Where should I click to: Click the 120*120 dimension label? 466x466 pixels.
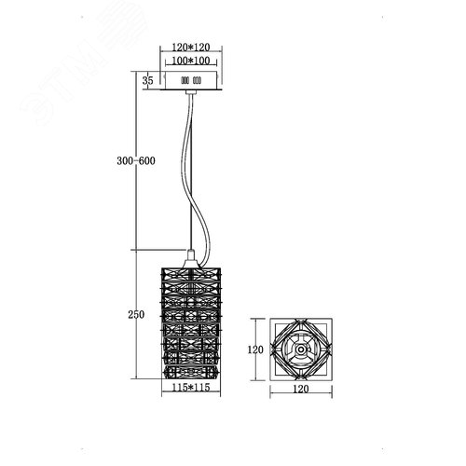click(x=191, y=48)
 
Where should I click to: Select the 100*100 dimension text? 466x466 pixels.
click(x=191, y=61)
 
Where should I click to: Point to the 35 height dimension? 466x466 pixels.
click(x=148, y=80)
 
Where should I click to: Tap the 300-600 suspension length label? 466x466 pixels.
click(x=136, y=161)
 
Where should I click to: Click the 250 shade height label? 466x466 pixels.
click(x=136, y=315)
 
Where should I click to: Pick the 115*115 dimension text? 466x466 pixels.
click(x=191, y=388)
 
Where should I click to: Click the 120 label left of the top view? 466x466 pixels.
click(x=255, y=349)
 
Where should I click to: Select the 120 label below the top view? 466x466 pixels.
click(x=301, y=389)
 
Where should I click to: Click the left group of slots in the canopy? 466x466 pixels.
click(x=185, y=81)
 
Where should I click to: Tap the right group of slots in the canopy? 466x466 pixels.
click(x=197, y=81)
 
